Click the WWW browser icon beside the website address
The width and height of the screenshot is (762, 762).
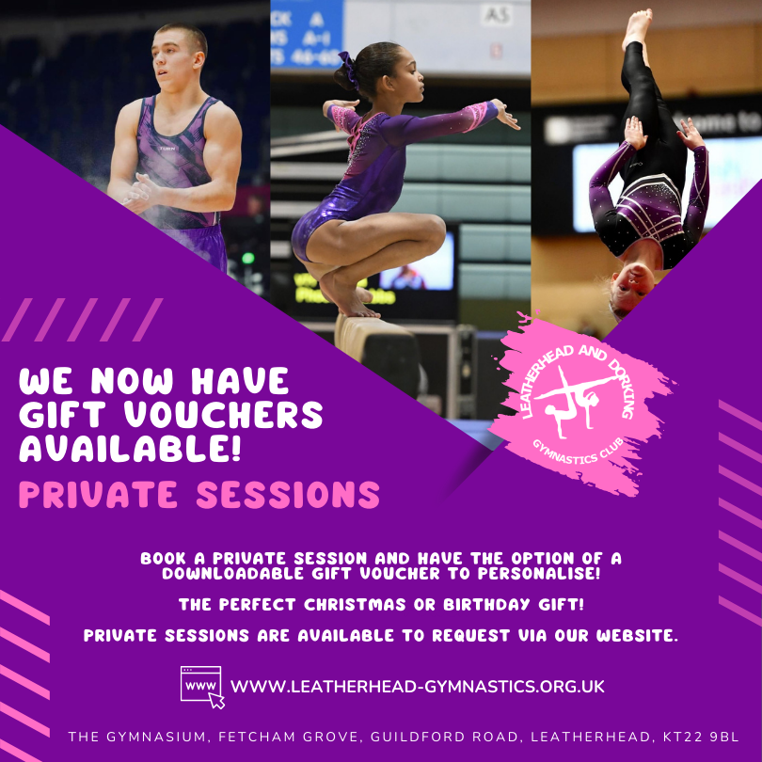pos(202,687)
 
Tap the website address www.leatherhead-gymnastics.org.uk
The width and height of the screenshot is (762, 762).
pos(418,686)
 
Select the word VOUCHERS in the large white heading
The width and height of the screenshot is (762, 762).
pos(223,415)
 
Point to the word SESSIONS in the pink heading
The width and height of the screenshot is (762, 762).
pos(288,494)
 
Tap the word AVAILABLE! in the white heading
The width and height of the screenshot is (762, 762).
pos(130,448)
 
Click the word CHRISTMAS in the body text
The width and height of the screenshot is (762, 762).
pos(355,605)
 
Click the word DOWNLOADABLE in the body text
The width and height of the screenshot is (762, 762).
pos(232,574)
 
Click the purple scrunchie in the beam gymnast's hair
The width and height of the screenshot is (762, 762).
pos(347,69)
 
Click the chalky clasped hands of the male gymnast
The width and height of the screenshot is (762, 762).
pos(138,192)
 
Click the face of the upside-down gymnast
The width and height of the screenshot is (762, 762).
pos(632,290)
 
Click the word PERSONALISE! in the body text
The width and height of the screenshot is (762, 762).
pos(539,574)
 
